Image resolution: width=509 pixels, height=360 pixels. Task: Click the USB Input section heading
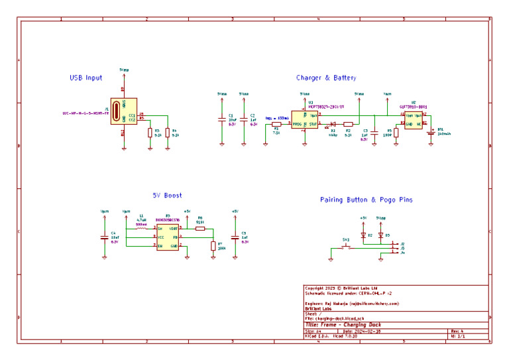[86, 78]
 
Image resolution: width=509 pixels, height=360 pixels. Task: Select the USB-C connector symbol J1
[122, 110]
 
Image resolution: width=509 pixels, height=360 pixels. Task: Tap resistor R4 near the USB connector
[167, 132]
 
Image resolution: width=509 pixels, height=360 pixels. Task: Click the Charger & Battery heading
[326, 78]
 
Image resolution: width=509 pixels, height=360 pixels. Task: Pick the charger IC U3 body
[305, 119]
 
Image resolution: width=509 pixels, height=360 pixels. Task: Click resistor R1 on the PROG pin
[276, 124]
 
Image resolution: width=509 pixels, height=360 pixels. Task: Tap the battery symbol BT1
[431, 131]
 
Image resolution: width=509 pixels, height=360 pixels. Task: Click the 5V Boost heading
[167, 196]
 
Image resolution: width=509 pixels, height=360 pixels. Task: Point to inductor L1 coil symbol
[141, 228]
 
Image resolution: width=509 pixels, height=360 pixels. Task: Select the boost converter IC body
[167, 237]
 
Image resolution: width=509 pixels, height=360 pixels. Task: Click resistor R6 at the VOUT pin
[200, 228]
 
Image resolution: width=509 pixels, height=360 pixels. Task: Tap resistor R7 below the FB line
[212, 246]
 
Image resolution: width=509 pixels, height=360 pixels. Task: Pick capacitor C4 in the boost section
[104, 237]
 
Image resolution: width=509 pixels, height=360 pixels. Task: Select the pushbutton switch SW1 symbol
[345, 248]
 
